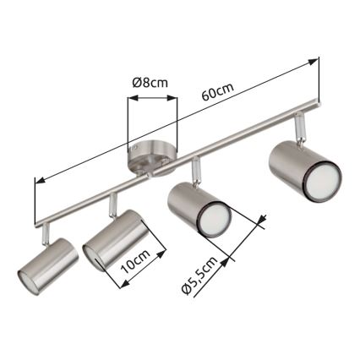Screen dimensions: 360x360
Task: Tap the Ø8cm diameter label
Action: [x=151, y=84]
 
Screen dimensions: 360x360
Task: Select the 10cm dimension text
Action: [x=135, y=262]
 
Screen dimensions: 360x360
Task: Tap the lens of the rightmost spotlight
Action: [x=319, y=184]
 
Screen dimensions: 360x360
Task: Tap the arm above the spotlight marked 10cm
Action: [x=112, y=204]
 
